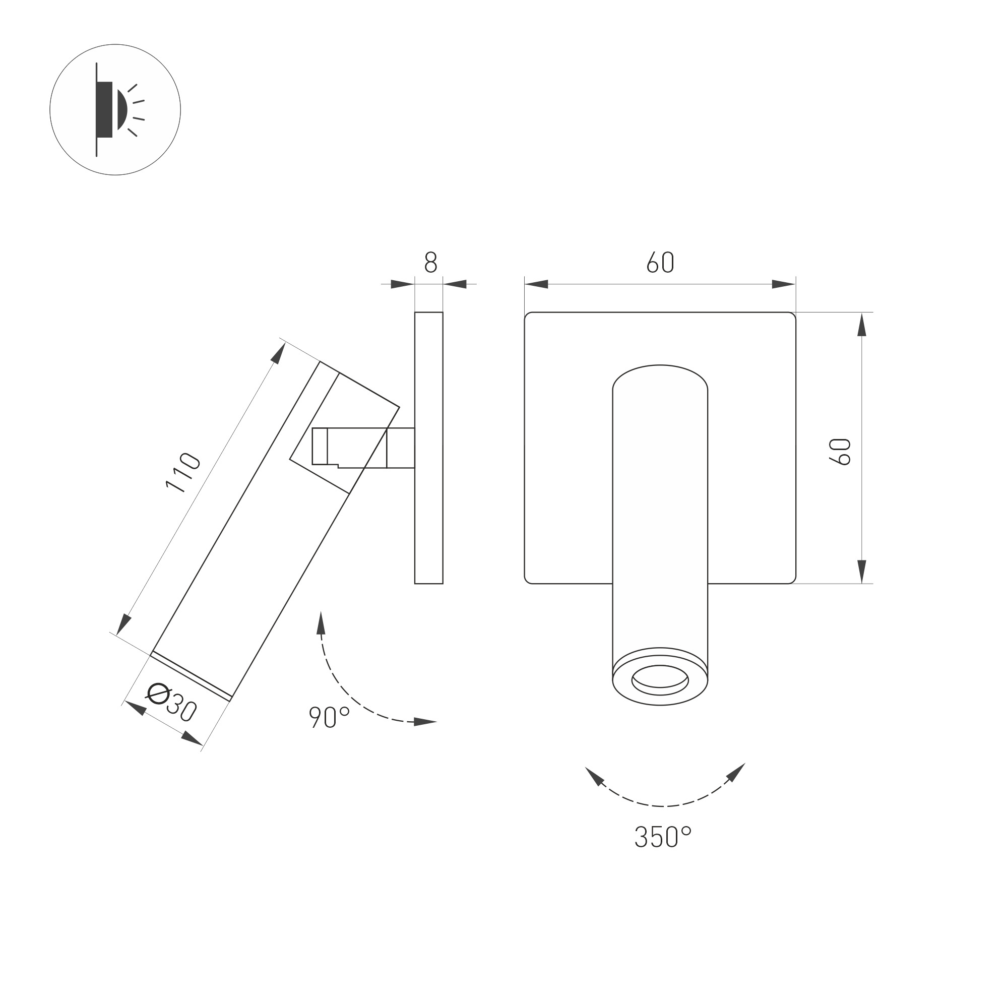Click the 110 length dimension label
point(183,473)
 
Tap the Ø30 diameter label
point(171,702)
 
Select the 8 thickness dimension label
point(430,262)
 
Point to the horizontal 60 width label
point(660,262)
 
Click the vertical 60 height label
point(840,452)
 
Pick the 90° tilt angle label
point(330,717)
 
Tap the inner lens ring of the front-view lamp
point(660,680)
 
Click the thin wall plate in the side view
point(429,448)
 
